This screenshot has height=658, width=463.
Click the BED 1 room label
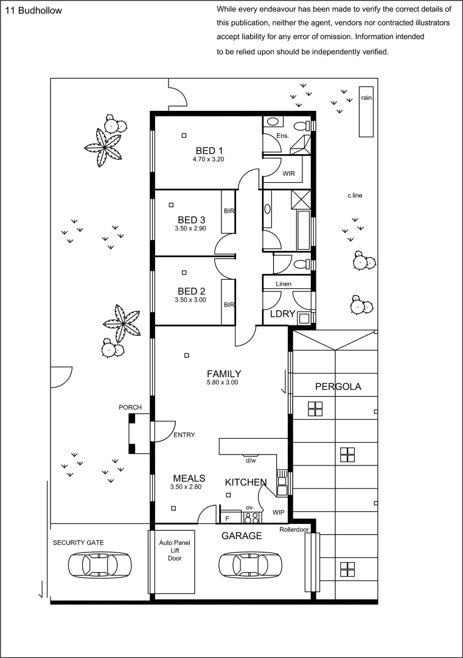click(209, 150)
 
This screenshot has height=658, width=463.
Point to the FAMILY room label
click(223, 373)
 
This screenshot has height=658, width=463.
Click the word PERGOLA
click(338, 386)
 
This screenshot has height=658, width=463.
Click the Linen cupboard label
click(284, 284)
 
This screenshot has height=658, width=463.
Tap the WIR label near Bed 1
click(288, 174)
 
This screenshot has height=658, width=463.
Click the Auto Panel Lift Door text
click(171, 550)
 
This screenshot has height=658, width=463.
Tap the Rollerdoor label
click(294, 529)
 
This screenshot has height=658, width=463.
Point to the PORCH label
click(130, 407)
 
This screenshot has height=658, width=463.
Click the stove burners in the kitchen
click(251, 518)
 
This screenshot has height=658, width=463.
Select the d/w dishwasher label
click(249, 460)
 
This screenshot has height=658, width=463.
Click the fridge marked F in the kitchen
click(228, 518)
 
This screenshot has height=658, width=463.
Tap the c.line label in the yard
click(355, 196)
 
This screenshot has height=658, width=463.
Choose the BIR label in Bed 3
click(229, 211)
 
